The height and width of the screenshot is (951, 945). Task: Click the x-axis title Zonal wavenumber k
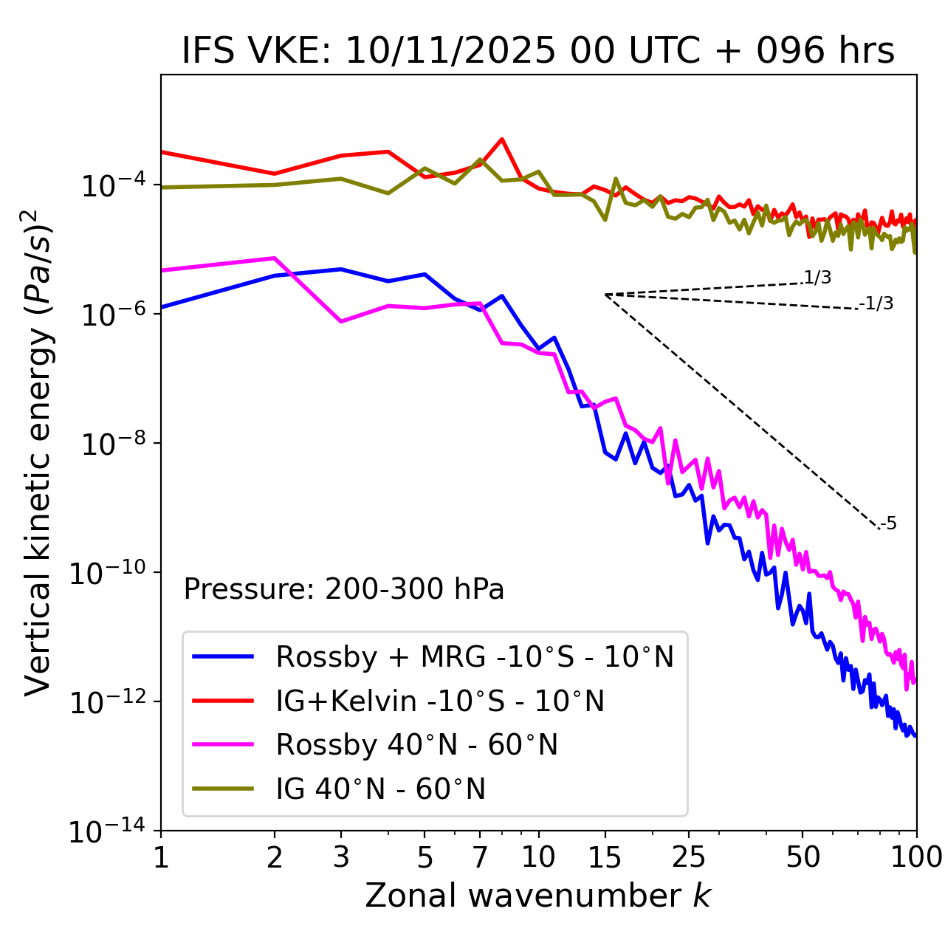[538, 895]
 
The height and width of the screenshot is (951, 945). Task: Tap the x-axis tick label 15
[605, 856]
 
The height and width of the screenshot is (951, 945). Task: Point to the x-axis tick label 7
[480, 856]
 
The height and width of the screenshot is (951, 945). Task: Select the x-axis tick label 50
[803, 856]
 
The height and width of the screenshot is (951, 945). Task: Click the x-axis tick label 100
[916, 856]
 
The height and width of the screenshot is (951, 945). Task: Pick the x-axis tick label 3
[341, 856]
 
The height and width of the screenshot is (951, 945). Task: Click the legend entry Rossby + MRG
[475, 656]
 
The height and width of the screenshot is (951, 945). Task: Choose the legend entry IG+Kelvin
[440, 701]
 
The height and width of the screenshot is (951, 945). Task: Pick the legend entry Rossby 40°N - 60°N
[417, 745]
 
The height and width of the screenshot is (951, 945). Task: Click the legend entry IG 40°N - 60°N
[381, 789]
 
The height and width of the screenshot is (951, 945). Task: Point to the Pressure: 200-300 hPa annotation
[344, 589]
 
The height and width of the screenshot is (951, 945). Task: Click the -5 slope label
[889, 524]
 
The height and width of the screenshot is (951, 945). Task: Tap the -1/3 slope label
[877, 303]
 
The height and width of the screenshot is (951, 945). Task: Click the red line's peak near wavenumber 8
[502, 139]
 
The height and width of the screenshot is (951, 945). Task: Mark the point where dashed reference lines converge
[605, 295]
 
